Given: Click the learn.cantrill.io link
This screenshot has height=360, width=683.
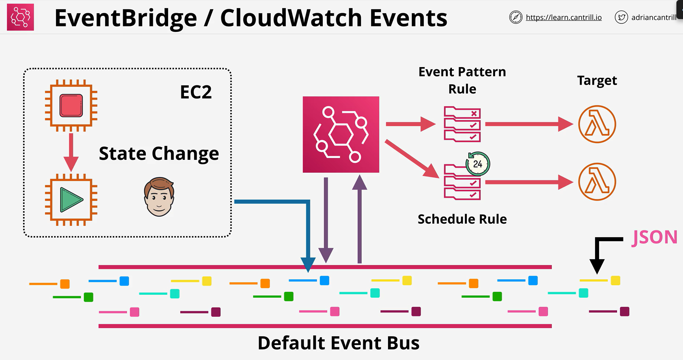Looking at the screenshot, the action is coord(564,17).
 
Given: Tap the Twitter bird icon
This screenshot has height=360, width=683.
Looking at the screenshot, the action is coord(621,17).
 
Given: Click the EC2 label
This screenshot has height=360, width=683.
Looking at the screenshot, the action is coord(196,92).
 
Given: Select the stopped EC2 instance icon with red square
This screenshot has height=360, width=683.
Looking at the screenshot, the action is coord(71,106).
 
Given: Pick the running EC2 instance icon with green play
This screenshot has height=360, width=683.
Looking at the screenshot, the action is coord(71,200).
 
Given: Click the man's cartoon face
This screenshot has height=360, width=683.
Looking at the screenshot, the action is coord(159,197).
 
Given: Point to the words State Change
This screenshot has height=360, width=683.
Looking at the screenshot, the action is coord(159,154).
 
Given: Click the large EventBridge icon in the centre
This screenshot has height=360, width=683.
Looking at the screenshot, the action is coord(341,135).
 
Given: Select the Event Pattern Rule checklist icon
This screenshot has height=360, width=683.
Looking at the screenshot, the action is coord(462,124).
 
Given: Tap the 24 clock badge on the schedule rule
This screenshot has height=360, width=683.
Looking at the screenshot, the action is coord(478,164).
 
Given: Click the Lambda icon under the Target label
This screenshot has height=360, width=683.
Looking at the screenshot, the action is coord(597,124).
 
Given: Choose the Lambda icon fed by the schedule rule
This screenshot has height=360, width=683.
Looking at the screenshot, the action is coord(597,182).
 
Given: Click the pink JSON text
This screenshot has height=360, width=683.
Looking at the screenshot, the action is coord(655,237).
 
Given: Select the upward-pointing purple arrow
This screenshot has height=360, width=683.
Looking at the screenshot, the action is coord(359,219).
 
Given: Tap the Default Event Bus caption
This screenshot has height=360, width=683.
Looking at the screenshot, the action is coord(339,343).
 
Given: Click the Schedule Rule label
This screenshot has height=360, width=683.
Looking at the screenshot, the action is coord(462,219).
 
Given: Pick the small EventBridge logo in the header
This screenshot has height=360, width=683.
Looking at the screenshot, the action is coord(21,17).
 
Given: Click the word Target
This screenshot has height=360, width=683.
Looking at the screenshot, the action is coord(597,81).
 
